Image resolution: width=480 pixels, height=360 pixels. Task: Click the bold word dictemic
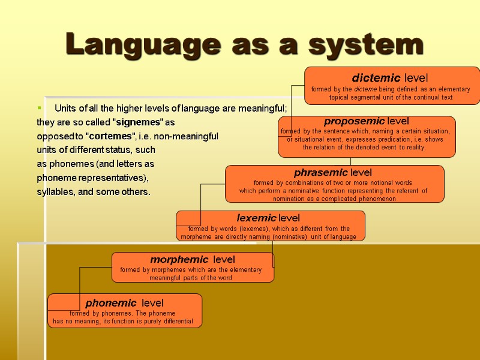(377, 78)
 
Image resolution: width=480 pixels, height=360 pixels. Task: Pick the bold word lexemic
(256, 218)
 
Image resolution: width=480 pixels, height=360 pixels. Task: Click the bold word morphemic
(178, 260)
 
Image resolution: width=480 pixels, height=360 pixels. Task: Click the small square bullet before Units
(39, 109)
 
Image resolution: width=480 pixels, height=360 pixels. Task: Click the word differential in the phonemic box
(174, 322)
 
